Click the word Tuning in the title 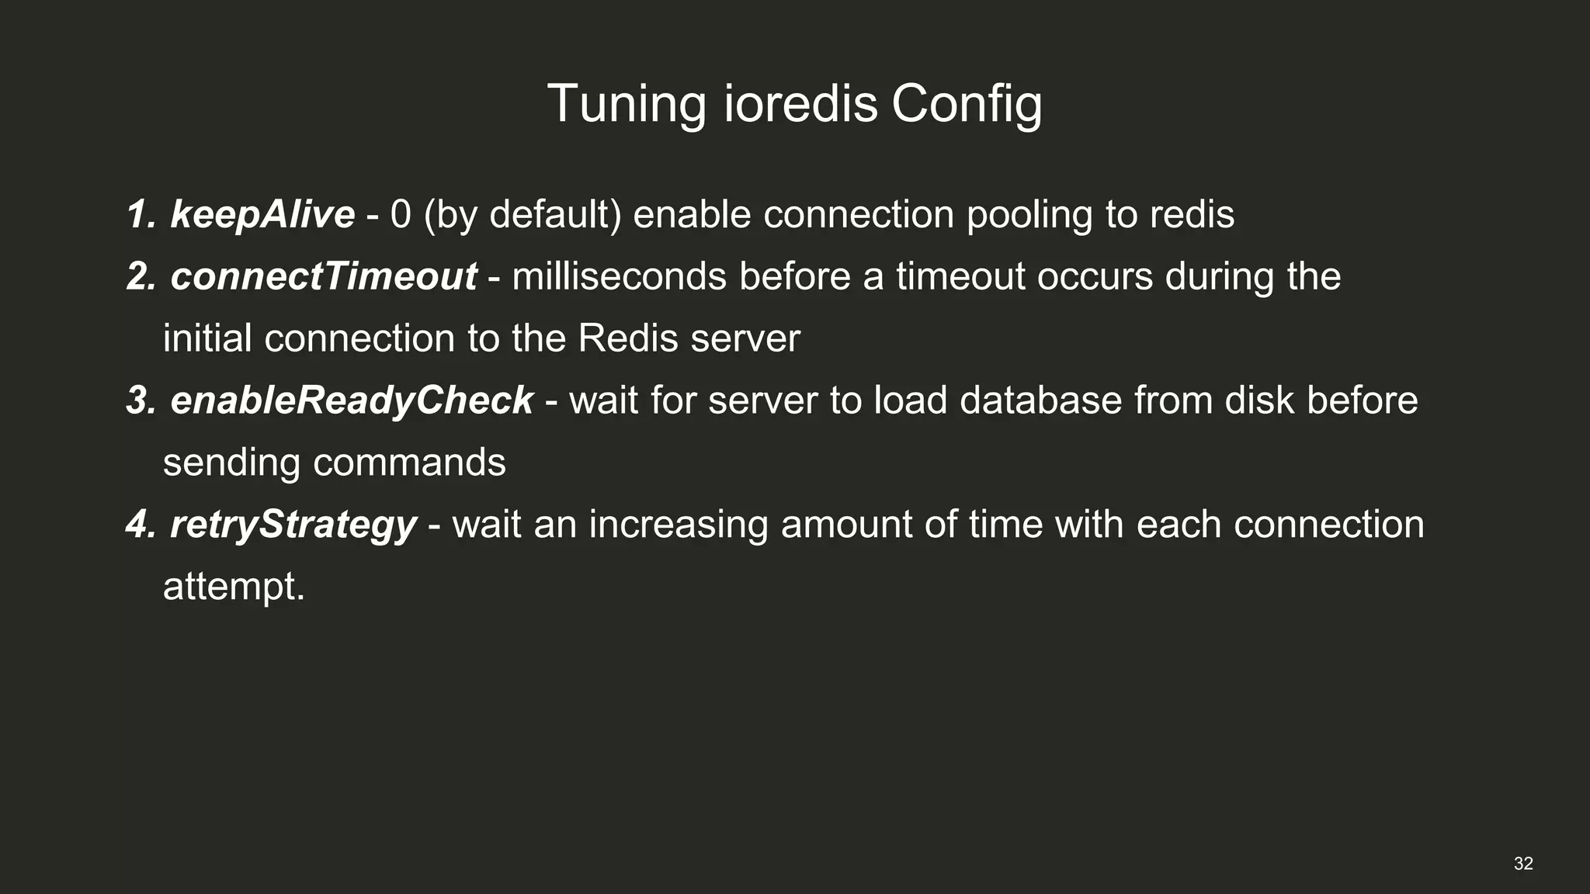coord(627,103)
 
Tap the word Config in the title coord(967,105)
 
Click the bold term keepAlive coord(262,214)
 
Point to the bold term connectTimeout coord(324,276)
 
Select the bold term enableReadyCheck coord(352,400)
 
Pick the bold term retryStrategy coord(293,525)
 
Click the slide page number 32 coord(1523,864)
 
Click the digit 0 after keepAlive coord(401,214)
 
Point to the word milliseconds coord(619,276)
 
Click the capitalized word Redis coord(628,338)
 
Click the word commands coord(409,463)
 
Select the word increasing coord(679,525)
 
